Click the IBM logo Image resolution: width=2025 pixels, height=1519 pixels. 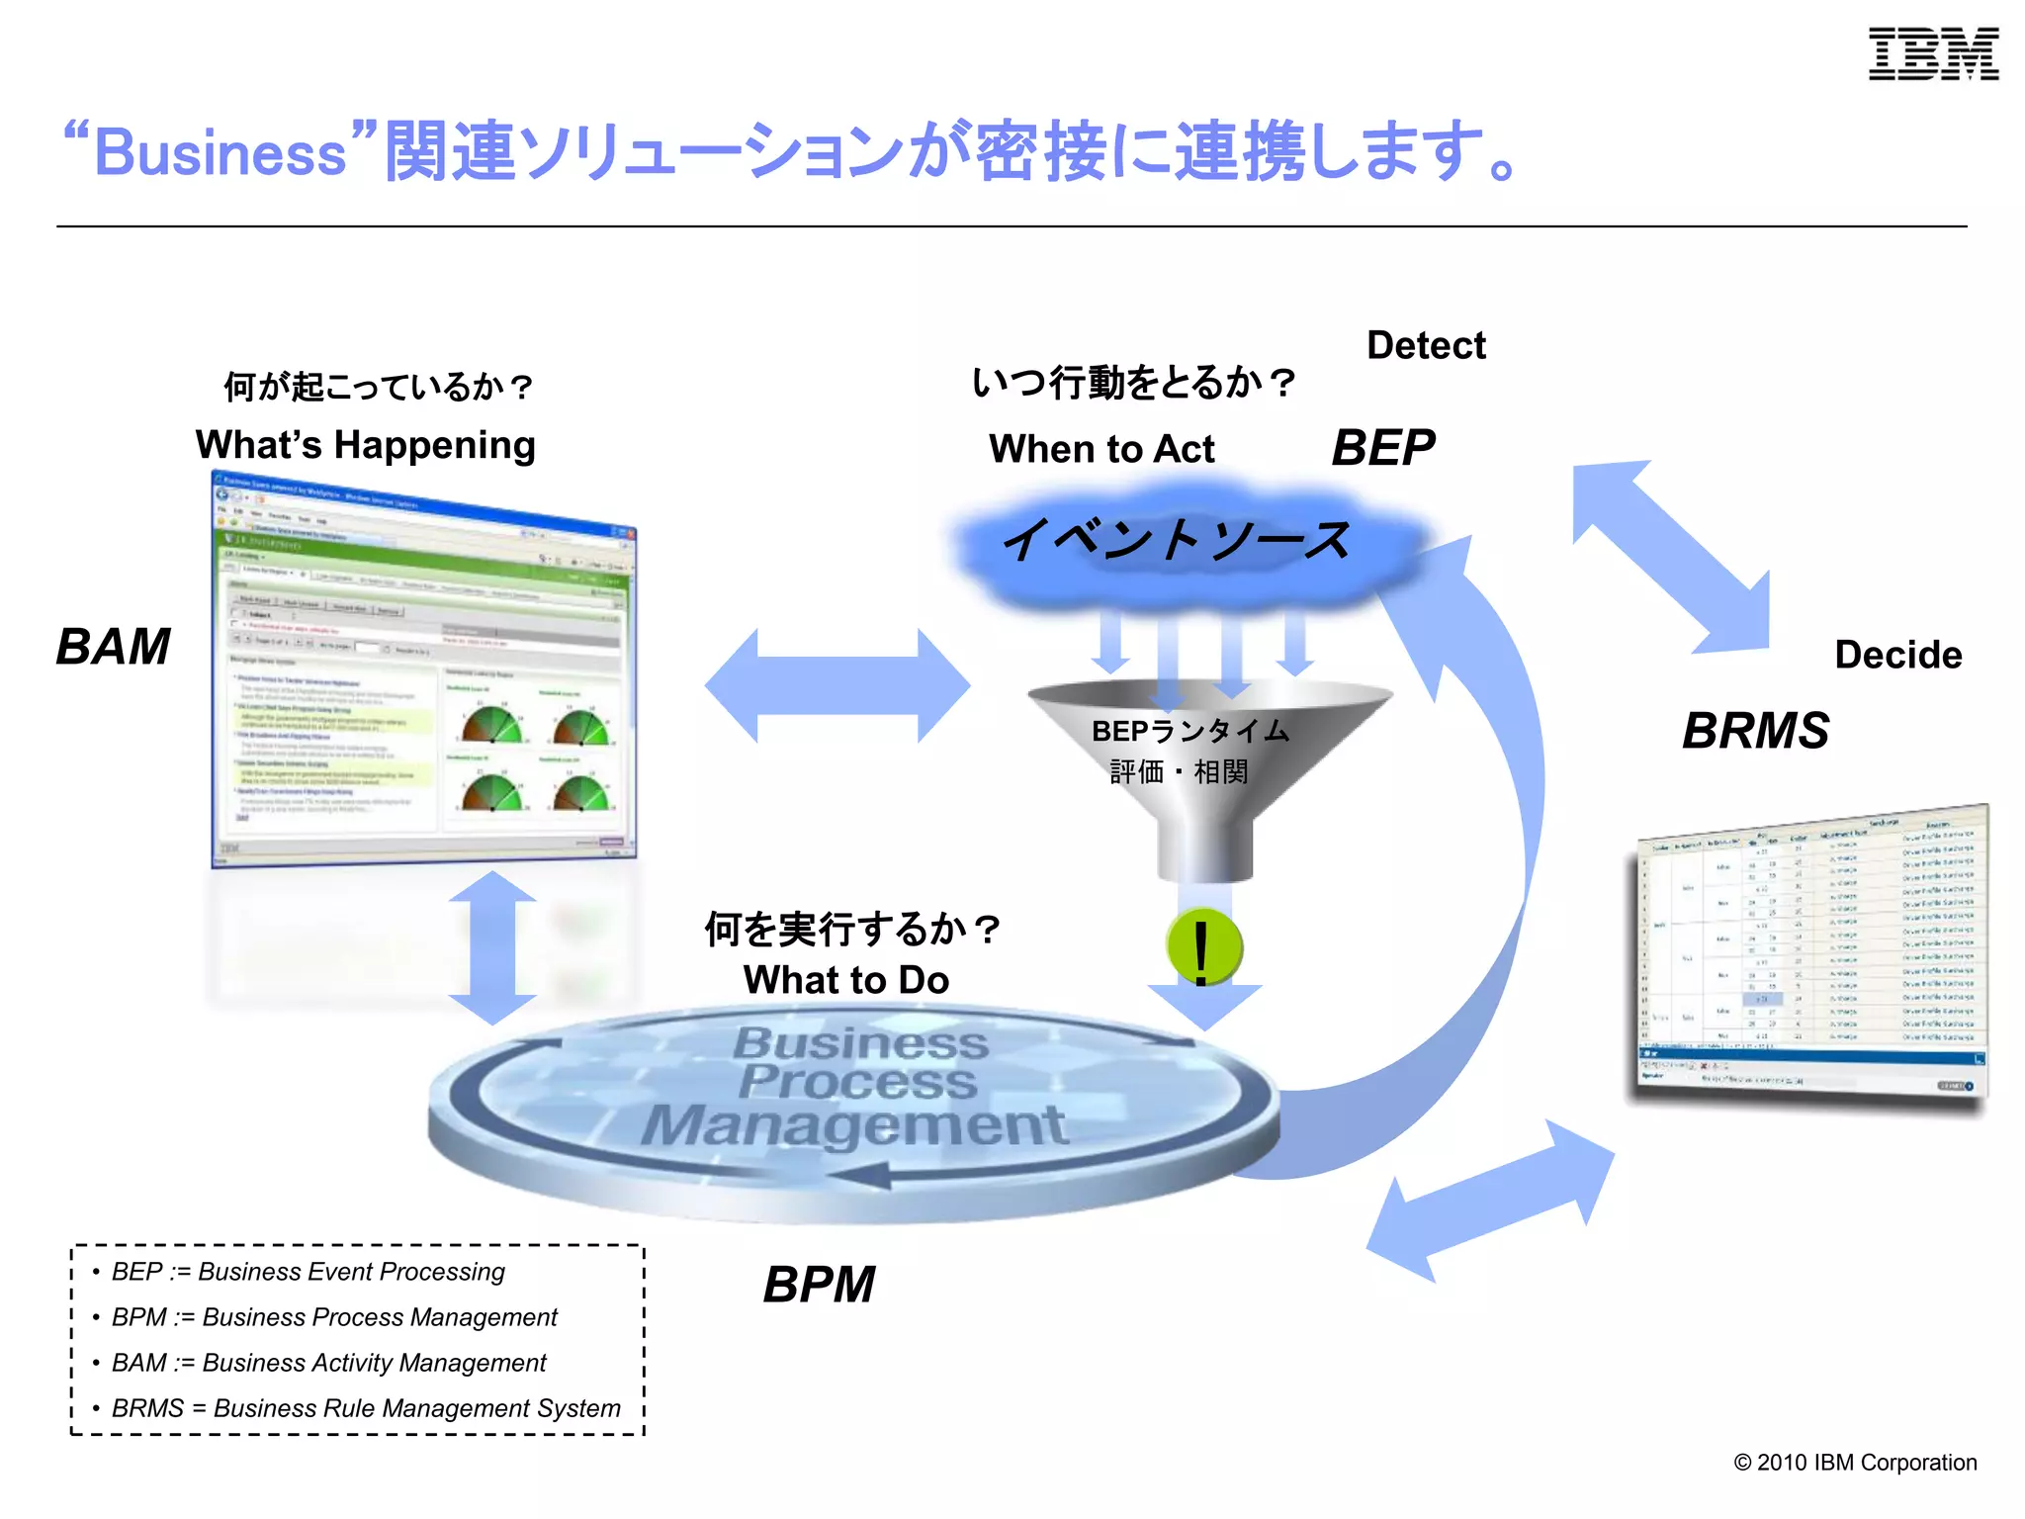[x=1933, y=54]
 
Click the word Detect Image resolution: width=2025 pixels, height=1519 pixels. [x=1425, y=345]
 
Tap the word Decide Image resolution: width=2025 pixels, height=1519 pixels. [x=1897, y=655]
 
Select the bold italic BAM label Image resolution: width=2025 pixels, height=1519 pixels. [x=113, y=647]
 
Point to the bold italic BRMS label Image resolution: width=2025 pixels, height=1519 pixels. [x=1755, y=731]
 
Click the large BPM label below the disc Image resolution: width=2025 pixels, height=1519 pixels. [x=819, y=1285]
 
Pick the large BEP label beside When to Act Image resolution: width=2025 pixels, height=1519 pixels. [x=1382, y=448]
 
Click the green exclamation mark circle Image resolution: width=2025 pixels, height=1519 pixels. [x=1203, y=947]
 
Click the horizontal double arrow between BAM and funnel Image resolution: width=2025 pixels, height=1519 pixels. [x=836, y=685]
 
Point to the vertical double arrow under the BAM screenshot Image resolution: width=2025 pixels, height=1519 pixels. [x=492, y=947]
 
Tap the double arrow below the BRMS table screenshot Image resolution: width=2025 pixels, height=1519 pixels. [x=1491, y=1201]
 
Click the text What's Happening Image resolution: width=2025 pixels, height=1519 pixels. [x=365, y=445]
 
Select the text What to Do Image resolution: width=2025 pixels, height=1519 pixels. [x=845, y=980]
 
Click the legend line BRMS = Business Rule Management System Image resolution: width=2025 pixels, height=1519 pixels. [x=366, y=1408]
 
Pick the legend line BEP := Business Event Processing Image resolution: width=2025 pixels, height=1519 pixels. [x=308, y=1272]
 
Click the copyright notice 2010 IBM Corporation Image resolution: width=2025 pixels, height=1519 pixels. [x=1855, y=1463]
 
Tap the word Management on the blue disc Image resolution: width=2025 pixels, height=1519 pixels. [x=854, y=1125]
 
